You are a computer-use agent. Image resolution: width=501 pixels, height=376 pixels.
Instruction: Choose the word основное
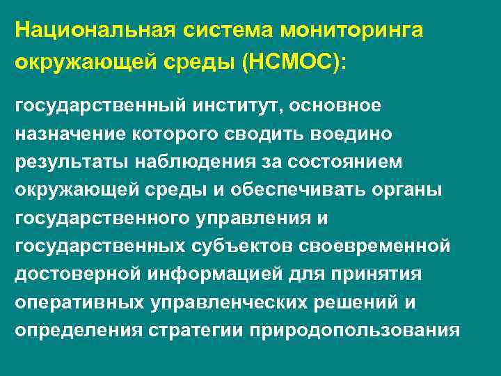click(x=339, y=105)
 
